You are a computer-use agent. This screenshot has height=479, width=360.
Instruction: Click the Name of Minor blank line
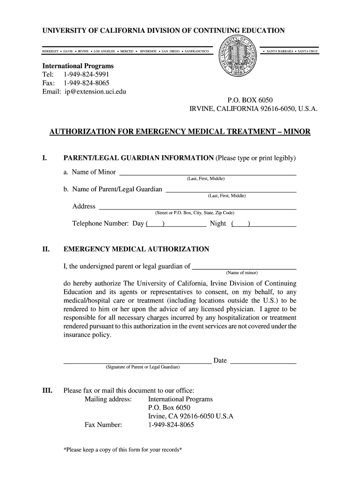click(x=208, y=174)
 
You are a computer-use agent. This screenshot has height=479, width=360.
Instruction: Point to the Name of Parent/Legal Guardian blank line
click(x=231, y=191)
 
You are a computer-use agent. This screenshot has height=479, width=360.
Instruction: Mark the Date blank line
click(x=264, y=362)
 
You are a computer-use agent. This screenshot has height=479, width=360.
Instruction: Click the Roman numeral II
click(x=46, y=249)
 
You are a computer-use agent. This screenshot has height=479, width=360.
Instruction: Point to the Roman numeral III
click(x=47, y=390)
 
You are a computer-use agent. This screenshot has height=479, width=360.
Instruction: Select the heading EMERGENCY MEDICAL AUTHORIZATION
click(x=136, y=249)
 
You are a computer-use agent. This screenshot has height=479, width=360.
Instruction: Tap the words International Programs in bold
click(x=78, y=66)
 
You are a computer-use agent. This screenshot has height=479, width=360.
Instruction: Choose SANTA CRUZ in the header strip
click(x=308, y=51)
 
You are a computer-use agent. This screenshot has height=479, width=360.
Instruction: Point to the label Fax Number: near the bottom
click(x=103, y=425)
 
